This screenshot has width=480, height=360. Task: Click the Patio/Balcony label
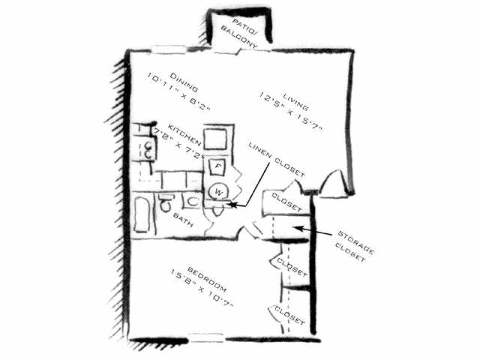tap(239, 34)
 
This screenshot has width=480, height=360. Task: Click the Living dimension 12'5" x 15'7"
tap(290, 111)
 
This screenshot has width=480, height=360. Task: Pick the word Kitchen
tap(184, 134)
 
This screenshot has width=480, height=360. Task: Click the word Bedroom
tap(205, 280)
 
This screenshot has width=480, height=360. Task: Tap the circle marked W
tap(218, 192)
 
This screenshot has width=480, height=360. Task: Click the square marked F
tap(218, 166)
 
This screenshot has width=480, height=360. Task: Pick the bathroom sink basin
tap(192, 202)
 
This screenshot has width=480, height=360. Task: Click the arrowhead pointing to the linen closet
tap(232, 204)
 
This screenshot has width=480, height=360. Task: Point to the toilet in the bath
tap(166, 202)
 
